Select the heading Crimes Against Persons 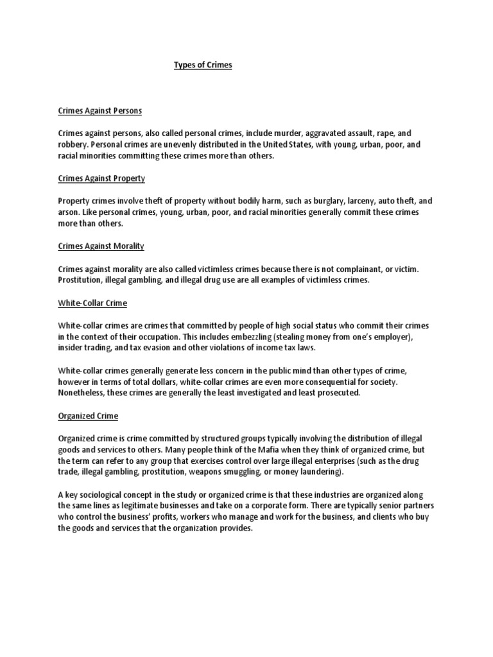(99, 110)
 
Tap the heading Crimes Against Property (101, 178)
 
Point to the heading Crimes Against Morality (101, 246)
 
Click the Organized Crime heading (88, 416)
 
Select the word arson (68, 212)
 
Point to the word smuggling (243, 472)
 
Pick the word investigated (245, 393)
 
